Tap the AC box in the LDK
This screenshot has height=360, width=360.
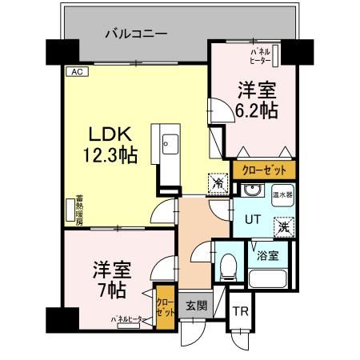tap(78, 72)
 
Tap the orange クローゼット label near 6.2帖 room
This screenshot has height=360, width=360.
tap(264, 170)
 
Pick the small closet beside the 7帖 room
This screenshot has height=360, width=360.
tap(164, 308)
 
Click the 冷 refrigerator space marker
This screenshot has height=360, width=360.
tap(218, 183)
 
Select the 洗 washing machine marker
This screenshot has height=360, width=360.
tap(284, 227)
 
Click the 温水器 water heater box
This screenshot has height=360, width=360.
tap(281, 193)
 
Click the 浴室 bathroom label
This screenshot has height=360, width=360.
tap(268, 257)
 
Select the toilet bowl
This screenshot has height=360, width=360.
tap(228, 265)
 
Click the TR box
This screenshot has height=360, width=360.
tap(240, 311)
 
